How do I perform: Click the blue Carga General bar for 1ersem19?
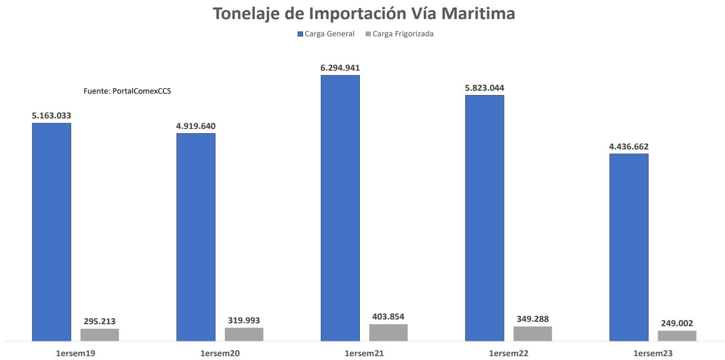[52, 232]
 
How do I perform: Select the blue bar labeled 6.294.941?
[340, 208]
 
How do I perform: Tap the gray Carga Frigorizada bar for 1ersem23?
[677, 336]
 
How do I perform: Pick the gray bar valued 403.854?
[389, 332]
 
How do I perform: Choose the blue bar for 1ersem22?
[484, 218]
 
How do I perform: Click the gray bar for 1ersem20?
[244, 334]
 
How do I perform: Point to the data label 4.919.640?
[196, 127]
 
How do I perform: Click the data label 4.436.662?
[629, 147]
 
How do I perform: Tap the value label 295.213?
[100, 321]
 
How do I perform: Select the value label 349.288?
[533, 319]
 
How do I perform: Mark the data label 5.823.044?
[484, 88]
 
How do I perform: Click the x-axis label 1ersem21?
[364, 353]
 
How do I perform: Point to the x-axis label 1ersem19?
[75, 353]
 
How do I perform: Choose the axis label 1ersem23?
[653, 353]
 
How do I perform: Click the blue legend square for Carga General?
[300, 34]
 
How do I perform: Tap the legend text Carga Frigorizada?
[403, 34]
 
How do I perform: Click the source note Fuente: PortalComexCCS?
[127, 91]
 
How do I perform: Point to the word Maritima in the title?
[478, 13]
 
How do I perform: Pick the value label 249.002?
[677, 323]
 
